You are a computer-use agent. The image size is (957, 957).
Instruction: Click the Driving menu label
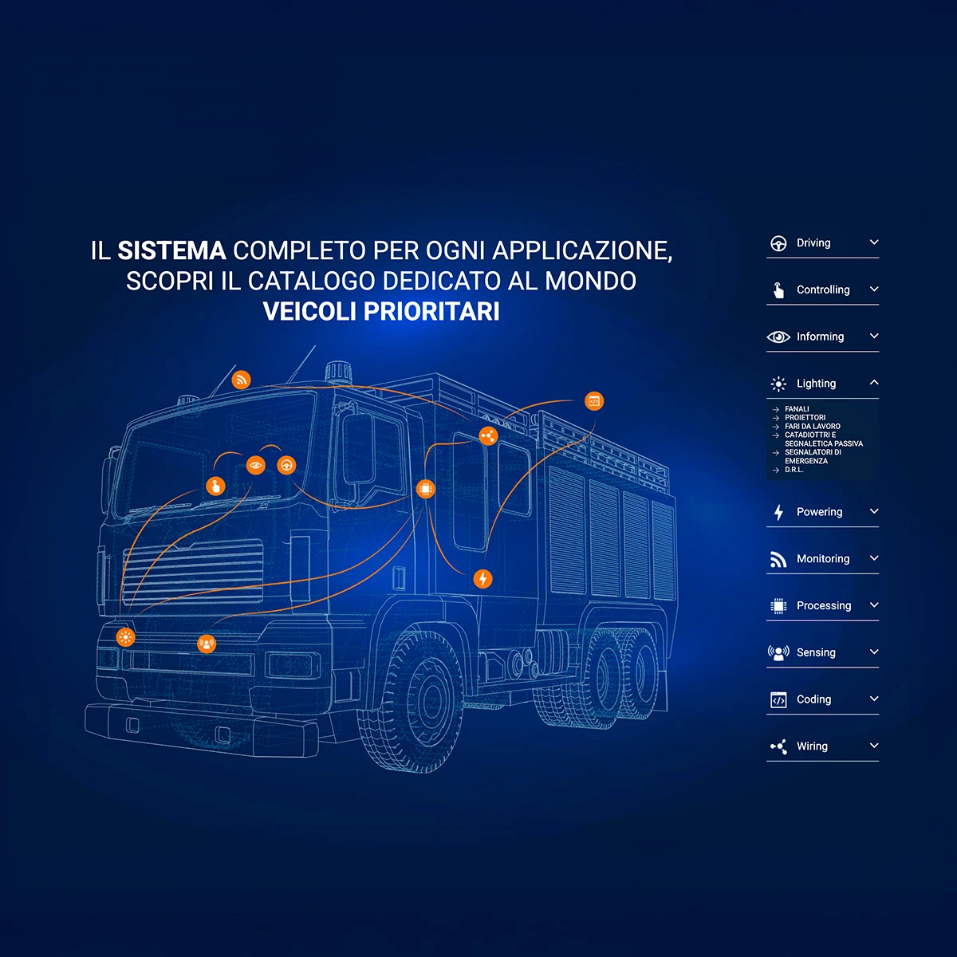coord(813,243)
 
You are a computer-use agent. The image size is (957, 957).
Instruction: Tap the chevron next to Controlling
coord(874,289)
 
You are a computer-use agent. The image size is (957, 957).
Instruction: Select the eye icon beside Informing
coord(778,337)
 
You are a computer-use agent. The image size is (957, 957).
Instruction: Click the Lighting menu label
coord(816,384)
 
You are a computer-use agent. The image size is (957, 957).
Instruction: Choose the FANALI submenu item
coord(797,409)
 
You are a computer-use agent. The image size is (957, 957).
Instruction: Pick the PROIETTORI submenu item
coord(805,418)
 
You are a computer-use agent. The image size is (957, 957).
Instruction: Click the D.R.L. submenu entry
coord(794,470)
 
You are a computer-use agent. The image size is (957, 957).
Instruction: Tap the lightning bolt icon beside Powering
coord(778,512)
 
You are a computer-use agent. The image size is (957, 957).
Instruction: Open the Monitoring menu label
coord(823,559)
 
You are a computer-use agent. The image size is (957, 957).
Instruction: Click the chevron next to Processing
coord(874,605)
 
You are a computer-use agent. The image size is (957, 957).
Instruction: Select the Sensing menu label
coord(816,652)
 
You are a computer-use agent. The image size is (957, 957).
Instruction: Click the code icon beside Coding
coord(778,700)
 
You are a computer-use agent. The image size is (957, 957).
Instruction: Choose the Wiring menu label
coord(812,746)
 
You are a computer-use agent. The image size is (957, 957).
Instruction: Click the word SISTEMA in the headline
coord(171,251)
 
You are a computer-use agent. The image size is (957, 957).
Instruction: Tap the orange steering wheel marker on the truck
coord(286,465)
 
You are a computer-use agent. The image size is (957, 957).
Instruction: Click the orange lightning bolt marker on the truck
coord(482,579)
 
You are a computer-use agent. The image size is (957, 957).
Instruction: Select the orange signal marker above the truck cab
coord(241,380)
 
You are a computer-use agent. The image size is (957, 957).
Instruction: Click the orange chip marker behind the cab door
coord(426,489)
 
